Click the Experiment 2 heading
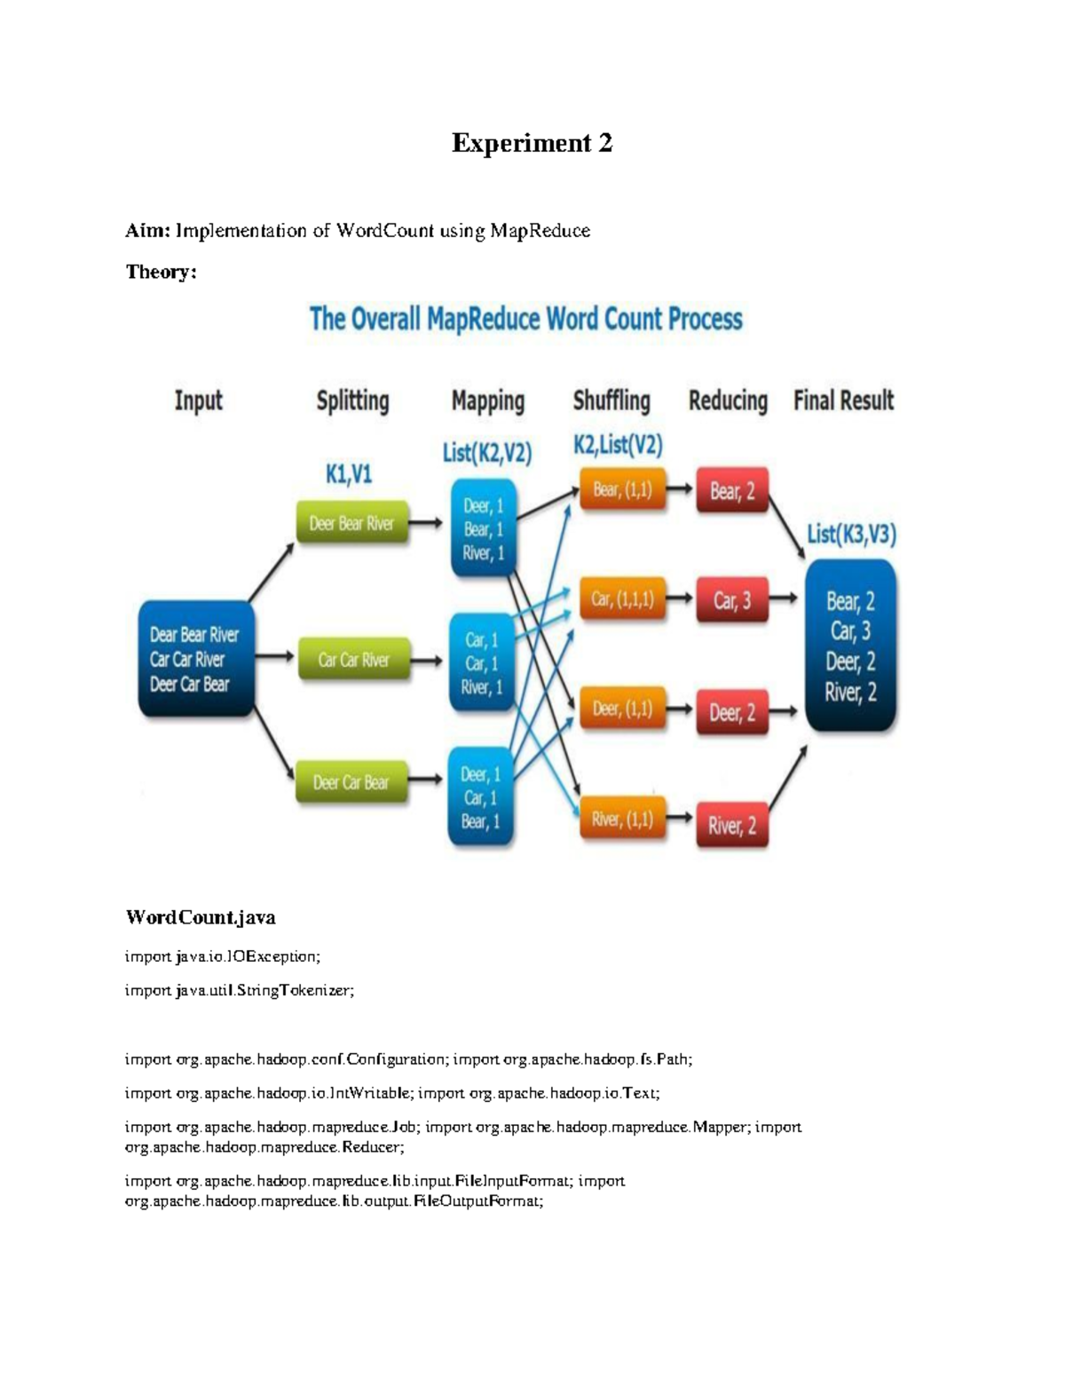(532, 144)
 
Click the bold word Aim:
(148, 230)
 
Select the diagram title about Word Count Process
(525, 319)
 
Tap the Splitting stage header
(352, 401)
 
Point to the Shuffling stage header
(611, 401)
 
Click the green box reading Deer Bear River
(352, 523)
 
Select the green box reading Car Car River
(353, 660)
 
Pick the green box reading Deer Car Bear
(351, 781)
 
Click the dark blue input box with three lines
(196, 659)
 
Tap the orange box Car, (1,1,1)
(622, 598)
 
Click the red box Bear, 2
(732, 490)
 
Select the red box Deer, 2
(732, 712)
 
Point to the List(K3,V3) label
(851, 535)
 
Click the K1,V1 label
(349, 474)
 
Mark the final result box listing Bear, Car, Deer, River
(850, 646)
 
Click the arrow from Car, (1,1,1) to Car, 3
(679, 598)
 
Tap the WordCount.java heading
(201, 917)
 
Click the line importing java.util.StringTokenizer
(240, 990)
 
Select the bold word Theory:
(162, 273)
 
